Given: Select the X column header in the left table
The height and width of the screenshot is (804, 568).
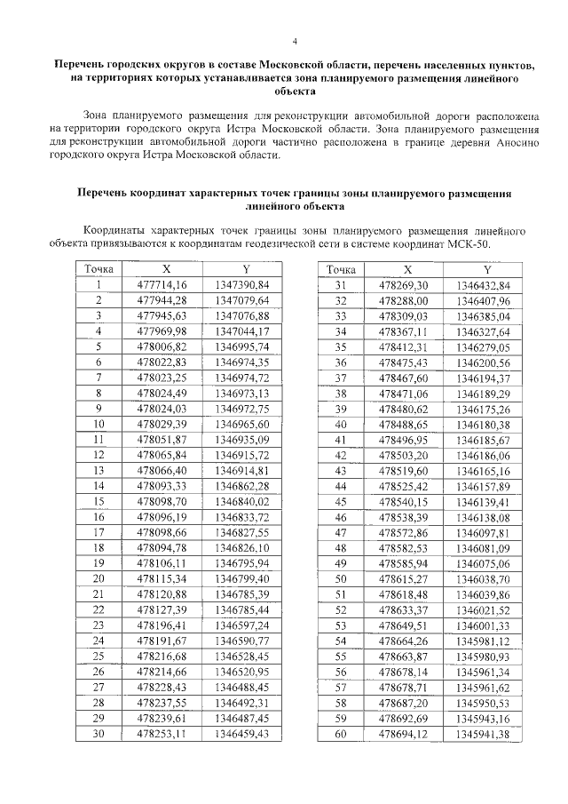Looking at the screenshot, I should [x=166, y=269].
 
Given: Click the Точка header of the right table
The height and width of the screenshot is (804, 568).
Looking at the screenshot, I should [x=341, y=269].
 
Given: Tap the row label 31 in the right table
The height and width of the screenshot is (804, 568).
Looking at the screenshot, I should [x=341, y=284].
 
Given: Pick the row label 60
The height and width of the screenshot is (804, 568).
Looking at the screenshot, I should [x=341, y=733].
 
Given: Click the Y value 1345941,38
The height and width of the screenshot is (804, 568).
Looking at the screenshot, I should [x=483, y=733].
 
